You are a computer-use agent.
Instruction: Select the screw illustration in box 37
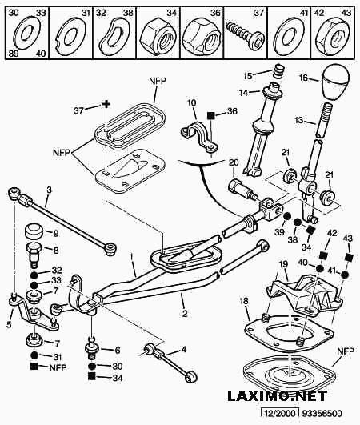245,36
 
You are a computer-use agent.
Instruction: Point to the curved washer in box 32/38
114,36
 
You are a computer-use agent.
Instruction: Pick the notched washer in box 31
71,36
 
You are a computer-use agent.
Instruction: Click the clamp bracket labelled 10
199,136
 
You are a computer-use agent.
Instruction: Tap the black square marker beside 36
211,115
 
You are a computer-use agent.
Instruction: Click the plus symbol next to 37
106,104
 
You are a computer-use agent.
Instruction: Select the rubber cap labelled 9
34,232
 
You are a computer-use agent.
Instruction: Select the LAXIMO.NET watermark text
278,396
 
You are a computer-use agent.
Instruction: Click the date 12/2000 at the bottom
280,413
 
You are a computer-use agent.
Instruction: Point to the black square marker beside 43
349,257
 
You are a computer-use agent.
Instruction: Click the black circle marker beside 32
34,275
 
